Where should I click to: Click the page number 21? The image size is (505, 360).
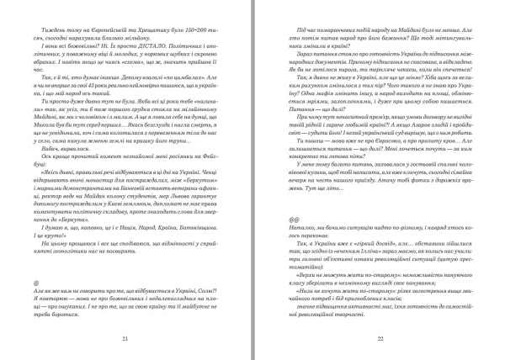coord(125,339)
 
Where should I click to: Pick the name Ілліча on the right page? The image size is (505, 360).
coord(384,273)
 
